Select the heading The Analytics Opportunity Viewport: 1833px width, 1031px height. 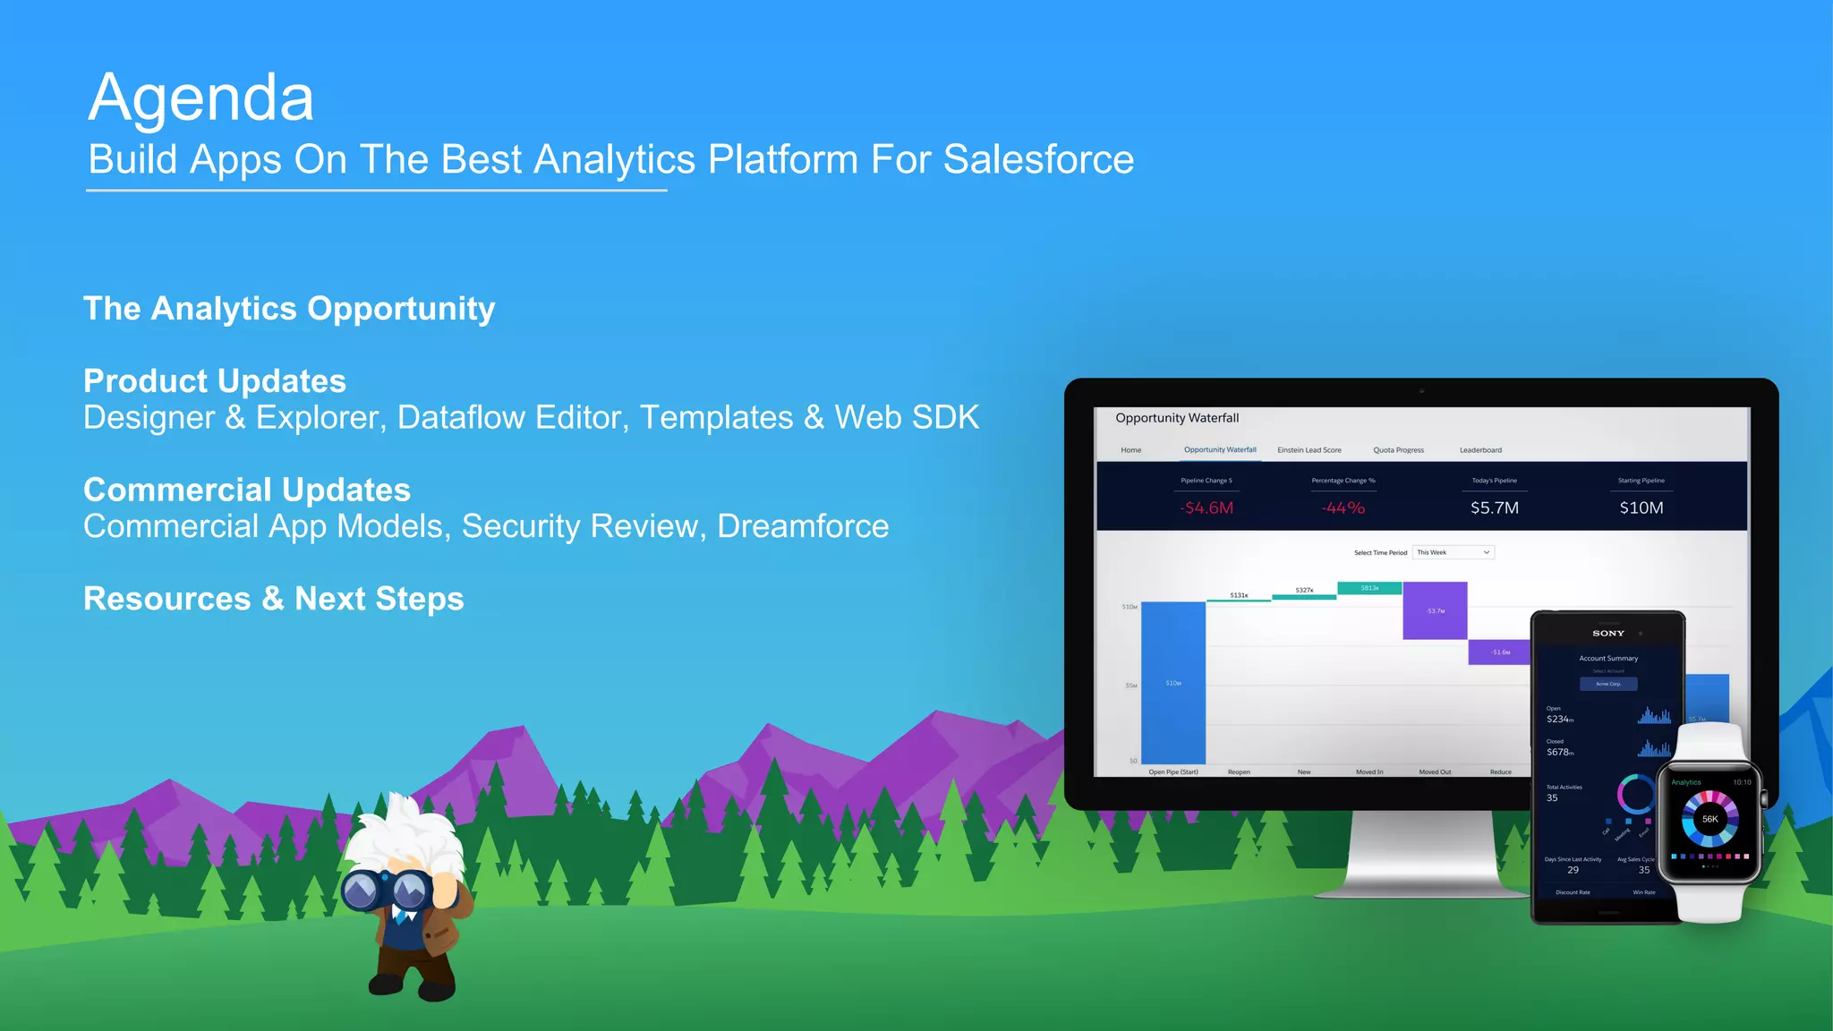pos(288,309)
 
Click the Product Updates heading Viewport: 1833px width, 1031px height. pos(215,381)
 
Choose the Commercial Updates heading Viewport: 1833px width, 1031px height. pos(247,490)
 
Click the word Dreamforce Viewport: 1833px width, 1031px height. pos(803,526)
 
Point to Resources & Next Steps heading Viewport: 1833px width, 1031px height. pos(274,599)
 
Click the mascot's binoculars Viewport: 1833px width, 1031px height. pos(385,890)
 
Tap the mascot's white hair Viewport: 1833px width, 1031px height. pos(407,828)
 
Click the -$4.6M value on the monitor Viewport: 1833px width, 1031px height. pos(1206,508)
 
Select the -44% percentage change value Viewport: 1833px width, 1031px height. pos(1343,508)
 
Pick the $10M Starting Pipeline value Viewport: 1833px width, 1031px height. pos(1641,508)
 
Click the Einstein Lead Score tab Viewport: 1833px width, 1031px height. pos(1309,450)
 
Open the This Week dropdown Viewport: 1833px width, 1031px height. pos(1454,552)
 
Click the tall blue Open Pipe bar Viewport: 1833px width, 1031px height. pos(1173,682)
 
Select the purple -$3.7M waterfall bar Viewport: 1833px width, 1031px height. pos(1435,610)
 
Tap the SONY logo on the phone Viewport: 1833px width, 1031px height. pos(1607,634)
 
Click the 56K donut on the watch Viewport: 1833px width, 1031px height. pos(1709,819)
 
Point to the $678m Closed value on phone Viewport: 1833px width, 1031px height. pos(1559,752)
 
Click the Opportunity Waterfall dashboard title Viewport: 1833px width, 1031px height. pos(1177,418)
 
